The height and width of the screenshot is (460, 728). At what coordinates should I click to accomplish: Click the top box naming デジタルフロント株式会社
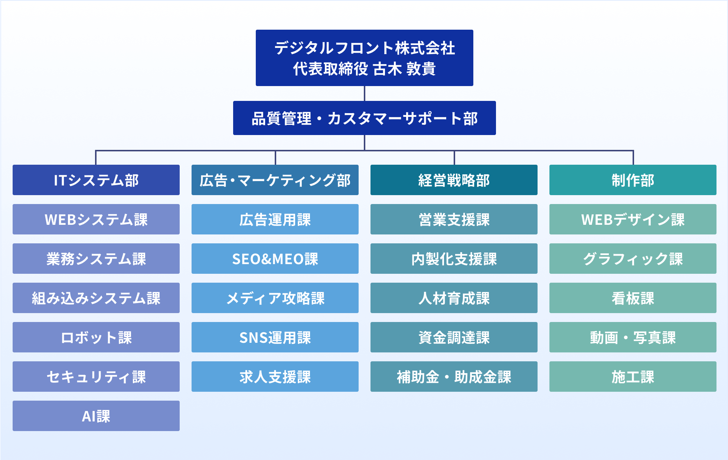tap(364, 58)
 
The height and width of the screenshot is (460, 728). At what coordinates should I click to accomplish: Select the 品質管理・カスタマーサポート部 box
tap(364, 118)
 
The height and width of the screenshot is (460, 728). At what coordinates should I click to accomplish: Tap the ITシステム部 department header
tap(96, 180)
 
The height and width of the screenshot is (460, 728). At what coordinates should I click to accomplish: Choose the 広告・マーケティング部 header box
tap(275, 180)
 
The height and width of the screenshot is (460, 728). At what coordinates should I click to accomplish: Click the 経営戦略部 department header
tap(454, 180)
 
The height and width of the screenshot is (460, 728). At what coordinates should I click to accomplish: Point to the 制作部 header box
tap(633, 180)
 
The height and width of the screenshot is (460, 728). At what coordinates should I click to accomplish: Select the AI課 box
tap(96, 416)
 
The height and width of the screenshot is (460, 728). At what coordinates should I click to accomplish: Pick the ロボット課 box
tap(96, 337)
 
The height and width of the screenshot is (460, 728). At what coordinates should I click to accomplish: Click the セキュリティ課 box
tap(96, 377)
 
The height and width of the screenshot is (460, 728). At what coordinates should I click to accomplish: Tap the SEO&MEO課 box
tap(275, 259)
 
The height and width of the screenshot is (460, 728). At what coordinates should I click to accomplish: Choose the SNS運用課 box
tap(275, 337)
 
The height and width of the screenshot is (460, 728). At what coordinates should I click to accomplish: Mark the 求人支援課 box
tap(275, 377)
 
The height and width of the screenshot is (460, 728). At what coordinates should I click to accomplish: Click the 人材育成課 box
tap(454, 298)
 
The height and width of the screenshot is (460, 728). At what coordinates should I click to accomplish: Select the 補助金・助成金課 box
tap(454, 377)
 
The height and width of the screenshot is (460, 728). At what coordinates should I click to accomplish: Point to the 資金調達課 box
tap(454, 337)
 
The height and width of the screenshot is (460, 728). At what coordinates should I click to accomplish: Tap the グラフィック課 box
tap(633, 259)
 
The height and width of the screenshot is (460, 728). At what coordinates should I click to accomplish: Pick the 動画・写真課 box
tap(633, 337)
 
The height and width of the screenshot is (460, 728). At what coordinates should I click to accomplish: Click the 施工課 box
tap(633, 377)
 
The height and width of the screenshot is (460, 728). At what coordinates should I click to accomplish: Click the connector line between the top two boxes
tap(365, 93)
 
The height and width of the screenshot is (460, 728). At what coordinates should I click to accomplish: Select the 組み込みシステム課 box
tap(96, 298)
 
